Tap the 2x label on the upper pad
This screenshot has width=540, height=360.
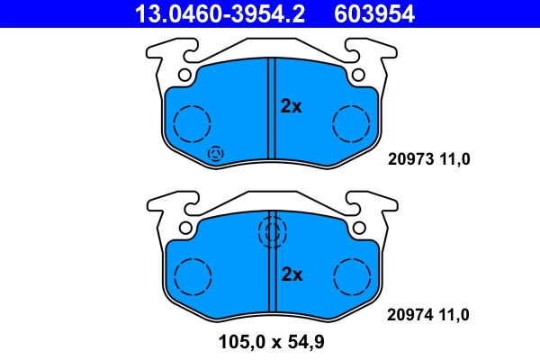[x=292, y=106]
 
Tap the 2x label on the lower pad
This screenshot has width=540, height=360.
[x=292, y=274]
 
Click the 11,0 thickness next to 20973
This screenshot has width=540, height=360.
[x=454, y=161]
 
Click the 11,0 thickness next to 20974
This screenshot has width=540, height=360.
[x=454, y=315]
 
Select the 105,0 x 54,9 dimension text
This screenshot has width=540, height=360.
[x=270, y=342]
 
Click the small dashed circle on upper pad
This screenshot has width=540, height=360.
[x=216, y=154]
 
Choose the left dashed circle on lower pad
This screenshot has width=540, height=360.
[x=192, y=275]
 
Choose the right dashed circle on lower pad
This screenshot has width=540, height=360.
[x=352, y=275]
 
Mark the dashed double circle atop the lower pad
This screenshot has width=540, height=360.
[x=271, y=233]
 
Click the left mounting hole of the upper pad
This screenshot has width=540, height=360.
[x=185, y=76]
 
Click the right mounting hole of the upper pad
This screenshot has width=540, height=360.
[x=357, y=76]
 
